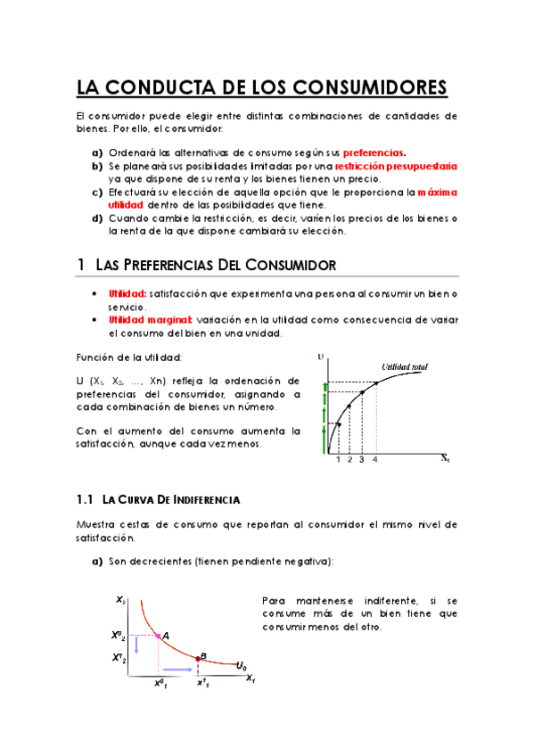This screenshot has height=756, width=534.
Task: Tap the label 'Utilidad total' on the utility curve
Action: [406, 366]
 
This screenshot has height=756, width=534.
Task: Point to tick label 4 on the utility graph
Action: [375, 460]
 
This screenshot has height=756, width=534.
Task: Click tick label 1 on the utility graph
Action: [338, 460]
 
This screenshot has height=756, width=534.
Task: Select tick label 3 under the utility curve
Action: [362, 460]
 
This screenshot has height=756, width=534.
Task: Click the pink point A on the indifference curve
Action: [158, 636]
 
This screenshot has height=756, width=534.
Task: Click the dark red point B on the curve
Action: [199, 659]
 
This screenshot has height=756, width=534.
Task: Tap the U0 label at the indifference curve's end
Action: [242, 665]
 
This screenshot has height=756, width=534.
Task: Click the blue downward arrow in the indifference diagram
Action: [136, 645]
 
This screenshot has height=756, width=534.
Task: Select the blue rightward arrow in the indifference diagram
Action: [177, 669]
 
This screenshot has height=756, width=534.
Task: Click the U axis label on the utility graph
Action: [321, 357]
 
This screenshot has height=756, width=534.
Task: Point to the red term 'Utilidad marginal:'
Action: [142, 319]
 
